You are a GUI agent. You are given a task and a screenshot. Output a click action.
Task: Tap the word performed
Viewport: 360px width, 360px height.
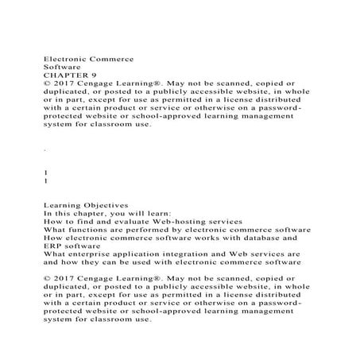pos(140,230)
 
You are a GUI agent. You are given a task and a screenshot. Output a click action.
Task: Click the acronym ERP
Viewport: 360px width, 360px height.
pos(54,246)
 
